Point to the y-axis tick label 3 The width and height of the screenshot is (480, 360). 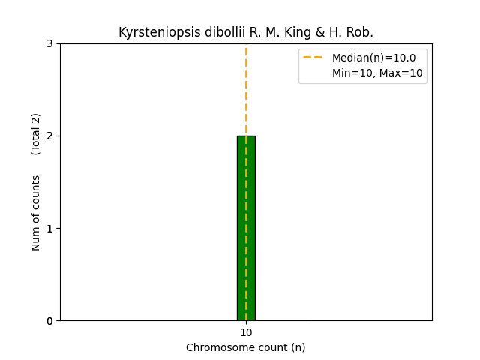tap(50, 43)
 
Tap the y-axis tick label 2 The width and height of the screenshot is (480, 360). tap(50, 136)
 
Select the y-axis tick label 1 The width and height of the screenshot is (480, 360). tap(50, 228)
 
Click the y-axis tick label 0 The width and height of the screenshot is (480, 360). tap(50, 320)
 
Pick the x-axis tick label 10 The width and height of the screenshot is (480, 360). tap(246, 332)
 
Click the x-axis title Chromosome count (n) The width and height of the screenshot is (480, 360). tap(246, 347)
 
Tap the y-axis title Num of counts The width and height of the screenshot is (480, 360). tap(36, 213)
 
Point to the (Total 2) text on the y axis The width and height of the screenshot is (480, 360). tap(36, 134)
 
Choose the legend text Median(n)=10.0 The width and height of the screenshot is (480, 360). tap(373, 58)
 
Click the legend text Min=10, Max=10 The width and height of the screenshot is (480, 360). tap(377, 73)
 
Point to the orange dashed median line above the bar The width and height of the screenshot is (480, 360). tap(246, 90)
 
